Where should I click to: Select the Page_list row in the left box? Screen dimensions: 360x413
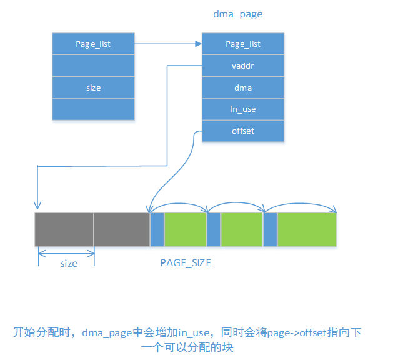93,44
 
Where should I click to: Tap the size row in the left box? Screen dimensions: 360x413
93,87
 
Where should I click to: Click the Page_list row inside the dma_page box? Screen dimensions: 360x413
243,44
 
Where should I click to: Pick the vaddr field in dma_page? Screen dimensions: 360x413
243,66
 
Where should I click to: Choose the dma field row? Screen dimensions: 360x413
243,87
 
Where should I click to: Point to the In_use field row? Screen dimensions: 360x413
243,109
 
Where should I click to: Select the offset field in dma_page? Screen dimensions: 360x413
243,131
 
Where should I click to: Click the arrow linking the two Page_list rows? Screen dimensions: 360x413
167,44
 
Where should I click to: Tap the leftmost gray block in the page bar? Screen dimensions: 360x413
64,229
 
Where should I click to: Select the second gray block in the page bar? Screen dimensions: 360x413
122,229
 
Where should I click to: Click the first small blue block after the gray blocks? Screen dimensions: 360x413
157,229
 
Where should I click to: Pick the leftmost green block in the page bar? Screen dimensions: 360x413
185,229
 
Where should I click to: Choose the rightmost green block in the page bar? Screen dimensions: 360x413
307,229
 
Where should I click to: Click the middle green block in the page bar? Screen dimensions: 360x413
242,229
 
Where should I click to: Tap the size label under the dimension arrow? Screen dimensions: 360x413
69,264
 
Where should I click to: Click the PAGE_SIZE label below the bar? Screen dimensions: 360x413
186,263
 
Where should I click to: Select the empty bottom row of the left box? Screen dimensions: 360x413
93,109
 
